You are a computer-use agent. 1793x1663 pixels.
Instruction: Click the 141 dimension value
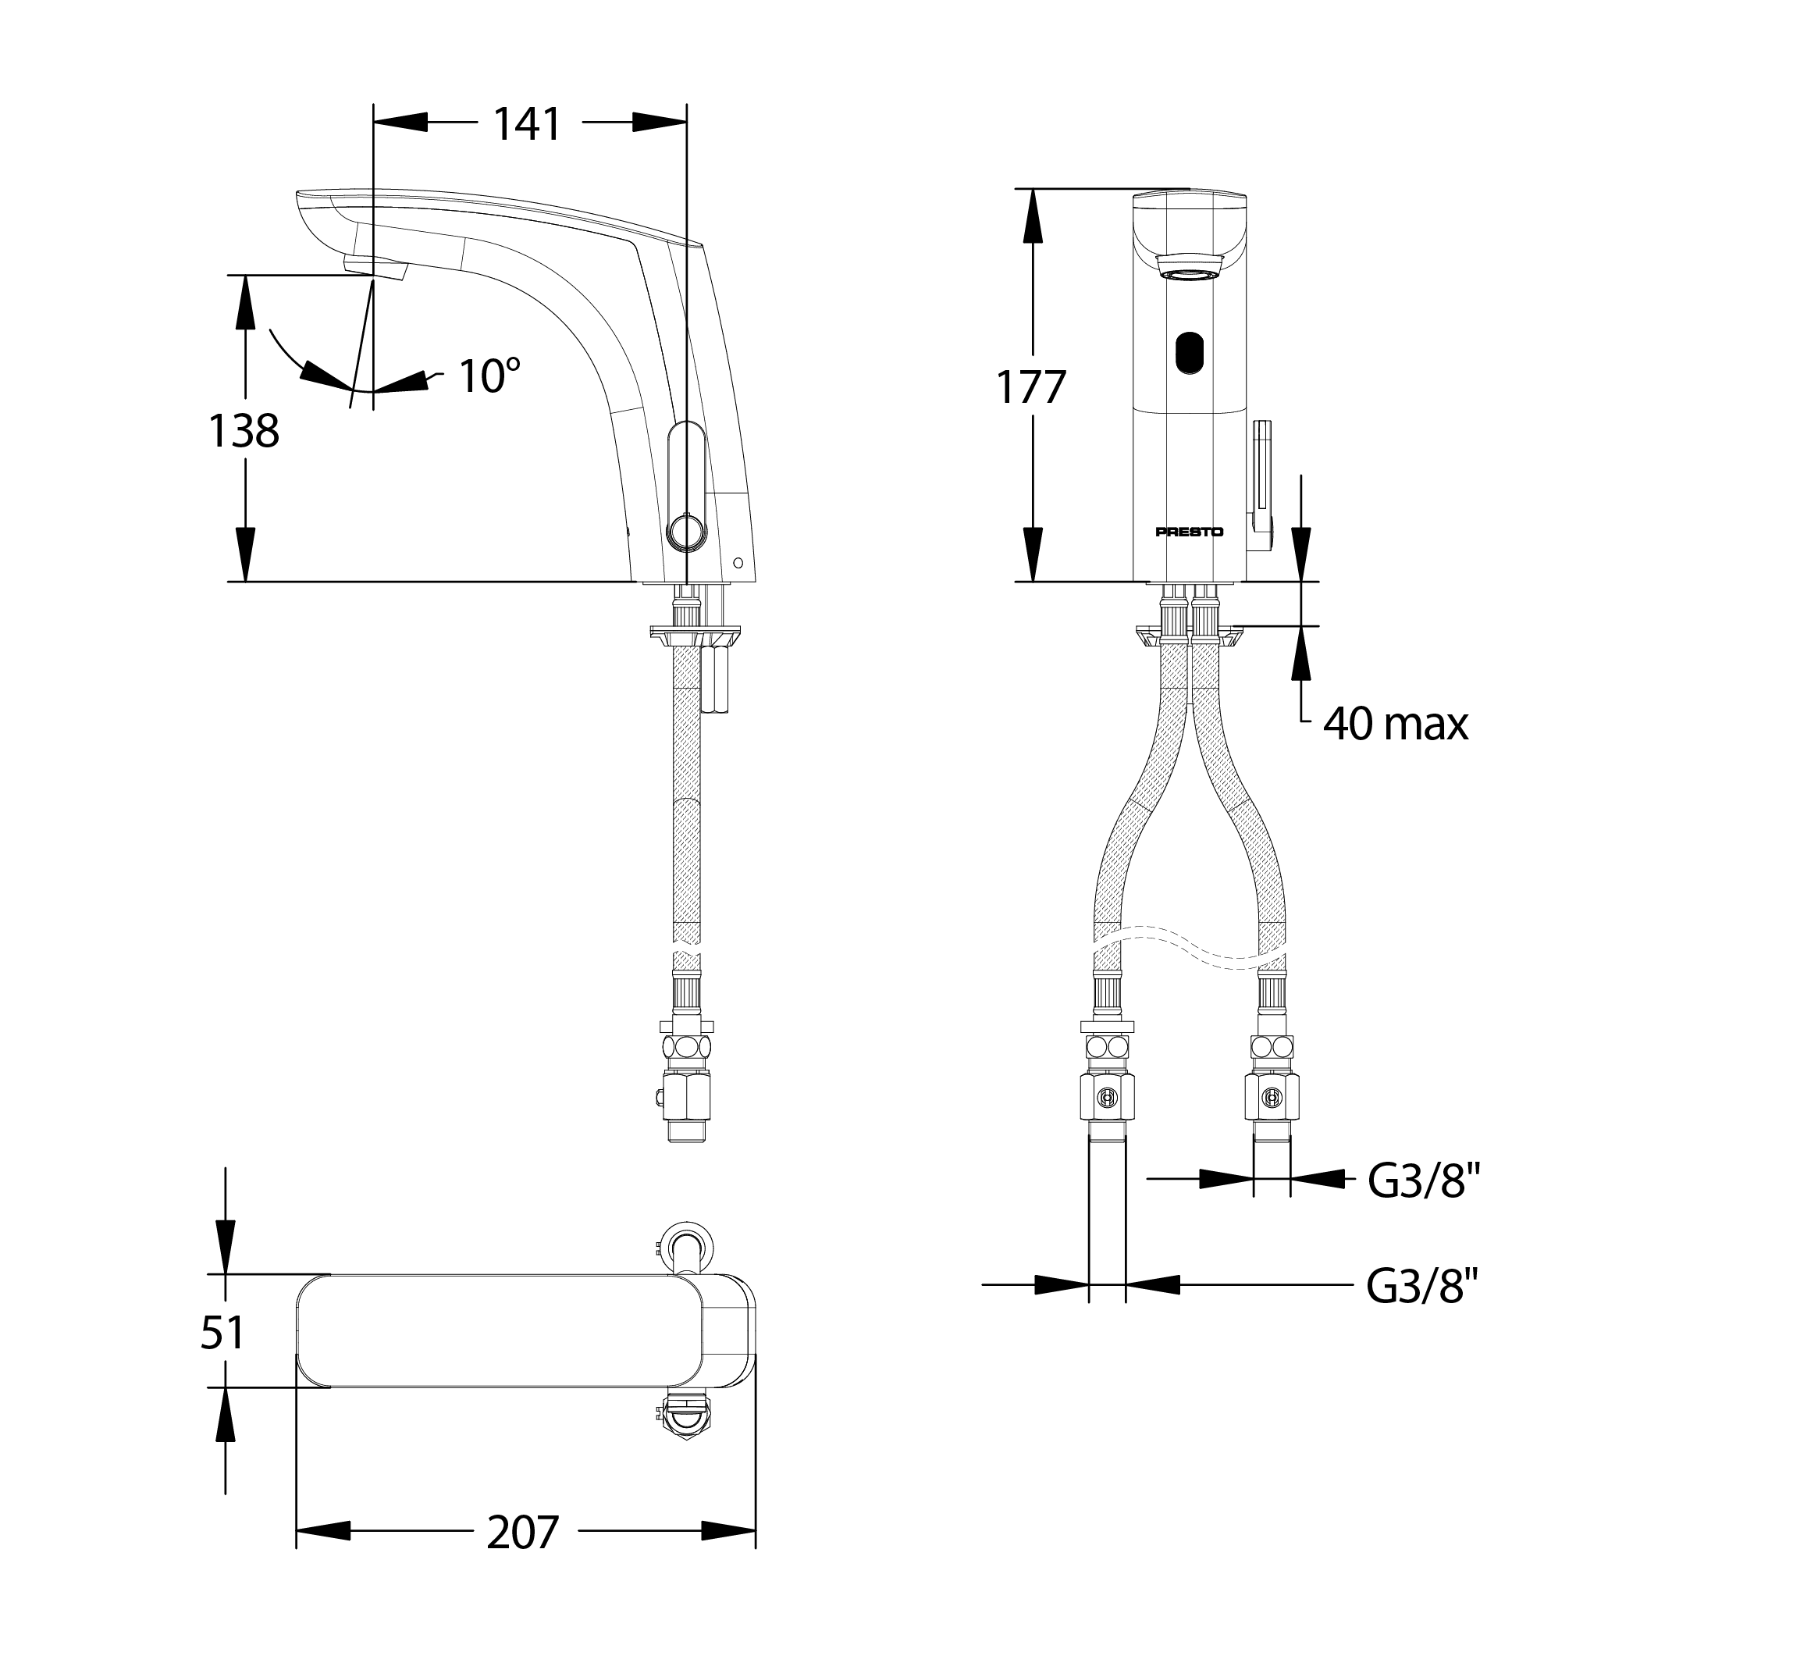pyautogui.click(x=526, y=124)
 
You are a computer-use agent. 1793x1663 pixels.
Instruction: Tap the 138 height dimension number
pyautogui.click(x=244, y=431)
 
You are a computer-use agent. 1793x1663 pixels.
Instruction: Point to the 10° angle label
pyautogui.click(x=489, y=376)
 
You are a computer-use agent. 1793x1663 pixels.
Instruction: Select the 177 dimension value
pyautogui.click(x=1031, y=388)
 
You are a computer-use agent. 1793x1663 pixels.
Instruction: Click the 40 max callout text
pyautogui.click(x=1396, y=725)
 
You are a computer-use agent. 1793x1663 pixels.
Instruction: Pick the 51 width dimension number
pyautogui.click(x=222, y=1333)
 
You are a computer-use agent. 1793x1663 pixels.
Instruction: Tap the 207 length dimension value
pyautogui.click(x=523, y=1533)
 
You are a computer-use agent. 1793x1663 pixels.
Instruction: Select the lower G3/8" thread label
pyautogui.click(x=1422, y=1286)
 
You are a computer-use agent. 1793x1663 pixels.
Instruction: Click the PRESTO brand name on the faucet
pyautogui.click(x=1190, y=532)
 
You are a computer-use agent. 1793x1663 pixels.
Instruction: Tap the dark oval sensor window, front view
pyautogui.click(x=1190, y=353)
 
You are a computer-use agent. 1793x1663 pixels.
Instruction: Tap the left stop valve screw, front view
pyautogui.click(x=1108, y=1097)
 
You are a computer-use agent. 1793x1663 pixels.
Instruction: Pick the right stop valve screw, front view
pyautogui.click(x=1272, y=1097)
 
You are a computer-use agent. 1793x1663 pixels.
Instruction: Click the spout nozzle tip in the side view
pyautogui.click(x=374, y=266)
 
